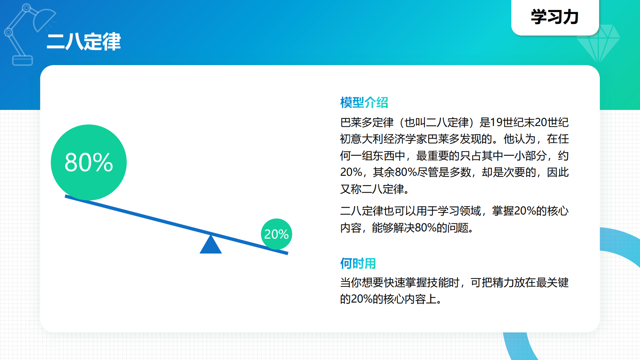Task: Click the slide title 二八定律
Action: coord(83,41)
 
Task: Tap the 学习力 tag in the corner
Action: coord(555,17)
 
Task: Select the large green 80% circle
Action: coord(88,162)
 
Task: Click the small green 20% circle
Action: coord(276,234)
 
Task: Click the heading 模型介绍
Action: coord(364,102)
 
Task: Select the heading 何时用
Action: coord(358,263)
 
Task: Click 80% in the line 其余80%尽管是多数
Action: coord(406,172)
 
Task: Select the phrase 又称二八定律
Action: coord(372,189)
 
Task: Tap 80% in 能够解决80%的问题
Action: coord(425,228)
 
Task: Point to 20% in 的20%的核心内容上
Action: coord(361,299)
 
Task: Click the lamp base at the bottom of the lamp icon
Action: coord(23,61)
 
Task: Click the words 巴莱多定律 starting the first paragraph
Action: coord(367,123)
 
